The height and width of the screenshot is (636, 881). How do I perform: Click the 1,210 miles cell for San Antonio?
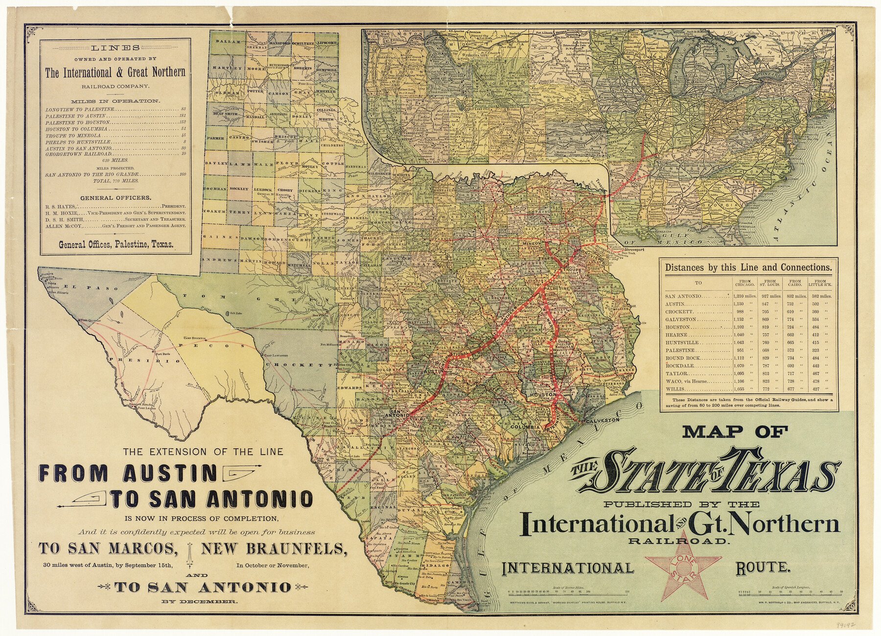(744, 296)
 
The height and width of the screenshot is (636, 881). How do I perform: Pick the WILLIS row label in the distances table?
(674, 390)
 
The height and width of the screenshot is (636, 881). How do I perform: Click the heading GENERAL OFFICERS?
(115, 198)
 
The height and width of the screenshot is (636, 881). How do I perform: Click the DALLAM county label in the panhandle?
(228, 42)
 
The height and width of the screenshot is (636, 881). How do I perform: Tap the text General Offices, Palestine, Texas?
(116, 245)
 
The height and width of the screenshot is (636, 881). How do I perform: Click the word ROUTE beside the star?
(762, 568)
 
